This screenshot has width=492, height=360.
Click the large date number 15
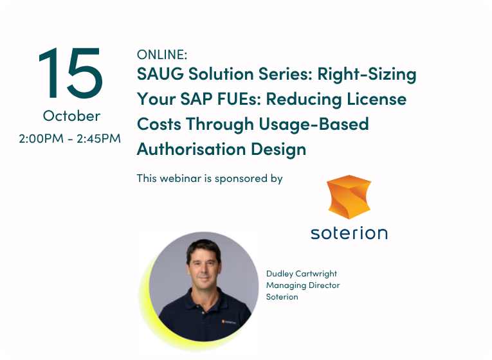[x=71, y=73]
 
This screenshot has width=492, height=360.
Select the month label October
[x=71, y=116]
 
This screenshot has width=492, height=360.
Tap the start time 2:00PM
[x=41, y=138]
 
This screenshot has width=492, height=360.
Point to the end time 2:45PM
[x=98, y=138]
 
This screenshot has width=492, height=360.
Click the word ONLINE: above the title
[x=162, y=55]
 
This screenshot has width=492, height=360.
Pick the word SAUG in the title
[x=160, y=74]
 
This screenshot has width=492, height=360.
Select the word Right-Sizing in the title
[x=367, y=75]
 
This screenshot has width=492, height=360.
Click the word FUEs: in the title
[x=239, y=99]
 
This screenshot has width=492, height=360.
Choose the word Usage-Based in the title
[x=314, y=125]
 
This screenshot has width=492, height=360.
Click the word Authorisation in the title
[x=191, y=149]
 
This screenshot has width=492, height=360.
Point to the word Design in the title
[x=278, y=150]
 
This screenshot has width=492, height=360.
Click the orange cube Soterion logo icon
[x=349, y=197]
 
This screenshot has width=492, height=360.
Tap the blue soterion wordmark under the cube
[x=349, y=233]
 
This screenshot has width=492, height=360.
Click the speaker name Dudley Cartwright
[x=302, y=274]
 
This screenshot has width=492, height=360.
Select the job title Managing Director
[x=303, y=285]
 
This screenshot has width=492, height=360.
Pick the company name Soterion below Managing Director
[x=282, y=296]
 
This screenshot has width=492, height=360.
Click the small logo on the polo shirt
[x=229, y=321]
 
